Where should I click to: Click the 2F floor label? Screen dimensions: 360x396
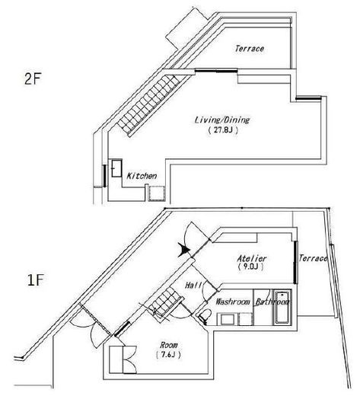[33, 79]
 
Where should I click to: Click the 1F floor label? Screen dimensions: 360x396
[36, 280]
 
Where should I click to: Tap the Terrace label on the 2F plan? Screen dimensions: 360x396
[250, 49]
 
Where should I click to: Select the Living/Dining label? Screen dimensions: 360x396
[222, 120]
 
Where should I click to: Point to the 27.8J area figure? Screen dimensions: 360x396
[223, 130]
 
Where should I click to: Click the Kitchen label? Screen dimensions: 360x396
[142, 176]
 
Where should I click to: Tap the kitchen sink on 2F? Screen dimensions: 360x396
[116, 168]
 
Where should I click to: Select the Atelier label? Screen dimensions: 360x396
[252, 258]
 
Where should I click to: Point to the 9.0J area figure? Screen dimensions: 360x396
[251, 267]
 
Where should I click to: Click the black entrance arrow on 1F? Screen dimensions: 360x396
[184, 250]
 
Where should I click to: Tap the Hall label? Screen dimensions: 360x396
[193, 285]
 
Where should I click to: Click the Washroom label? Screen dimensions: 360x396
[233, 302]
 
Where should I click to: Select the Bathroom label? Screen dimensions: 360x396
[272, 302]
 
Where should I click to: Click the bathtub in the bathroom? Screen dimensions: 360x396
[282, 308]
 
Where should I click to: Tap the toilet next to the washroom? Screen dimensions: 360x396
[204, 316]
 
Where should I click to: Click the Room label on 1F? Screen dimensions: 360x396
[169, 345]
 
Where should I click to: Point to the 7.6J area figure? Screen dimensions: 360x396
[168, 355]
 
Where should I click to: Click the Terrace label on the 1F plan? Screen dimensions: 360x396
[313, 258]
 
